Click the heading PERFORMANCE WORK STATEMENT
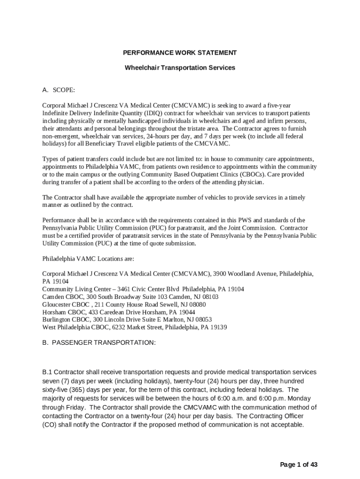(x=180, y=53)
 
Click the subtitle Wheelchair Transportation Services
(x=180, y=68)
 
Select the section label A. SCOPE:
(x=58, y=90)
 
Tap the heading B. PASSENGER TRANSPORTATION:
(x=99, y=343)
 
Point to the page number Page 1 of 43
(x=299, y=464)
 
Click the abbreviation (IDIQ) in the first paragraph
(x=162, y=114)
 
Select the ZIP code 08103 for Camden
(x=209, y=297)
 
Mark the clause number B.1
(x=47, y=372)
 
